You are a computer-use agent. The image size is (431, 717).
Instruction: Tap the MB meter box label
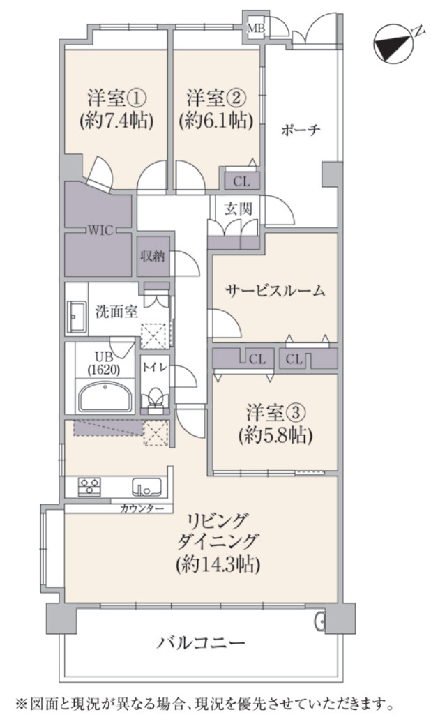click(x=257, y=27)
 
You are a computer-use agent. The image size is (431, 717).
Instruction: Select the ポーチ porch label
click(x=301, y=130)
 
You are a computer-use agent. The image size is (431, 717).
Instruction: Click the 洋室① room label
click(x=117, y=95)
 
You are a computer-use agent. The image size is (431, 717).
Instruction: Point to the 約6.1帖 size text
click(x=215, y=119)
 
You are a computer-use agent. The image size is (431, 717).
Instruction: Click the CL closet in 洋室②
click(x=241, y=182)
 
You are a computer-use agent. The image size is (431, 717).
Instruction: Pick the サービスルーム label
click(x=275, y=292)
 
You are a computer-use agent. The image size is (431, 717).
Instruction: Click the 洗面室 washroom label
click(x=116, y=312)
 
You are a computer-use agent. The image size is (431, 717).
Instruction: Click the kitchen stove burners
click(x=89, y=485)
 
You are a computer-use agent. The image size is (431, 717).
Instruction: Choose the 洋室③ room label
click(x=275, y=412)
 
